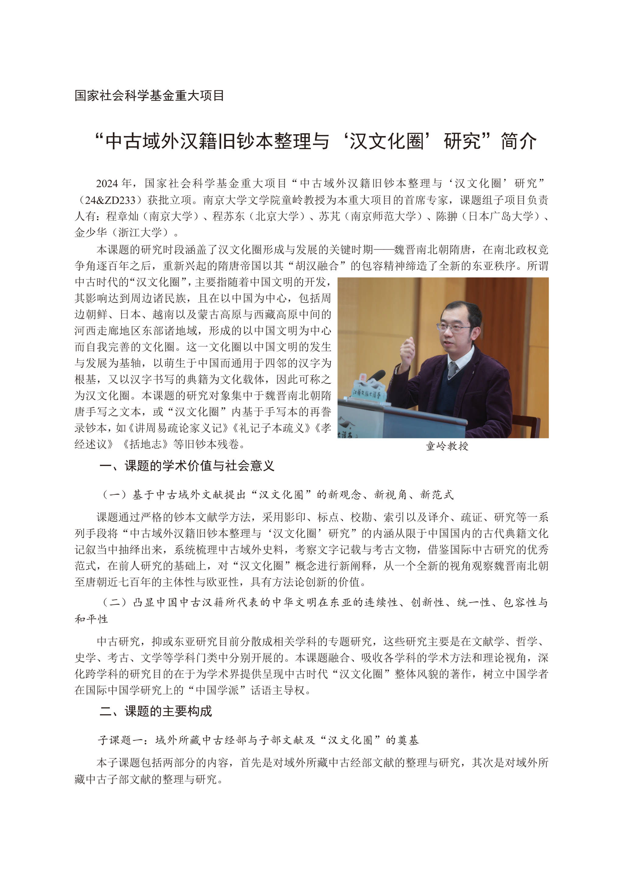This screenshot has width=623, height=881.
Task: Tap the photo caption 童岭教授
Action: pyautogui.click(x=447, y=446)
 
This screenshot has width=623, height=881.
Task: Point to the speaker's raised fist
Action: pyautogui.click(x=407, y=350)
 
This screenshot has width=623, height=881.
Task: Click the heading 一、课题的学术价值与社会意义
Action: pyautogui.click(x=187, y=466)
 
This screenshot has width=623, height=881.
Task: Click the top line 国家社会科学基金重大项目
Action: pyautogui.click(x=149, y=96)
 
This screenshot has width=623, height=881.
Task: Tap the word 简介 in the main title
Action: pyautogui.click(x=519, y=141)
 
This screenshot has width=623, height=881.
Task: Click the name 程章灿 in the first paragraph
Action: pyautogui.click(x=122, y=216)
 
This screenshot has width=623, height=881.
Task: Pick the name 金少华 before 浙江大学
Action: pyautogui.click(x=91, y=232)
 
